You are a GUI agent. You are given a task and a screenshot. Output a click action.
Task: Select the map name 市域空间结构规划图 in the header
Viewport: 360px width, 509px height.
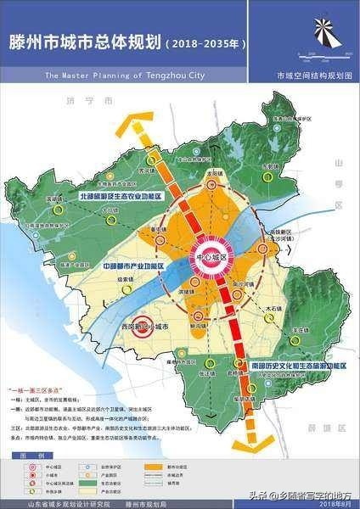311,75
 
